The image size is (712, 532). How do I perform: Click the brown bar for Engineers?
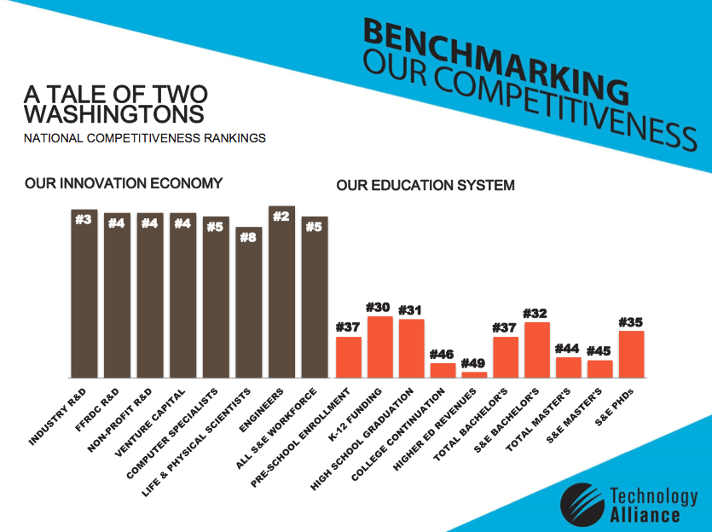[x=281, y=298]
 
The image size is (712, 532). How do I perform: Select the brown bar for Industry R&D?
[x=84, y=298]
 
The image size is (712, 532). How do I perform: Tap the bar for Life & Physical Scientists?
[x=249, y=307]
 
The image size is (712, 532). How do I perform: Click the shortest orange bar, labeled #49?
[x=474, y=374]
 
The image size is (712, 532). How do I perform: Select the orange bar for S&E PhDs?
[x=631, y=354]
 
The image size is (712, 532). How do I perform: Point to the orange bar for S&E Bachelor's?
[x=536, y=350]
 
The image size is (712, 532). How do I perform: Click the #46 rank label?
[x=442, y=353]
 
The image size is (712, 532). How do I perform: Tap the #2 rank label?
[x=281, y=217]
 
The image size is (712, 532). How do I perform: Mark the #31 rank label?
[x=411, y=309]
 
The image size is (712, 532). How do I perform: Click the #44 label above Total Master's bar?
[x=568, y=348]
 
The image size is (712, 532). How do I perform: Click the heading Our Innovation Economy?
[x=124, y=183]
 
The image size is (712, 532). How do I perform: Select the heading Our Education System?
[x=425, y=185]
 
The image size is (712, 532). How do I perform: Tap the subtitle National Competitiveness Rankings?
[x=145, y=138]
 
